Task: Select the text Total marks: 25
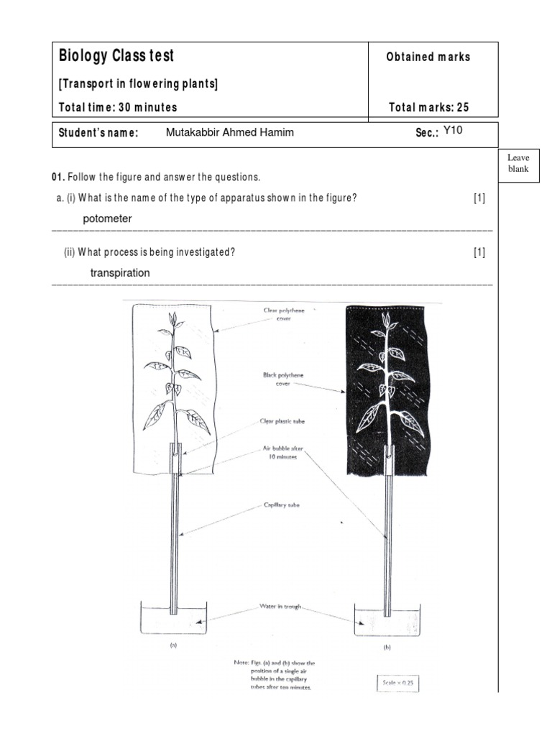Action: click(x=428, y=107)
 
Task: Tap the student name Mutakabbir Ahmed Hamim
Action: click(x=229, y=132)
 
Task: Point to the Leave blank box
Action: click(x=517, y=163)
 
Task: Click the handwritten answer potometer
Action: click(x=107, y=218)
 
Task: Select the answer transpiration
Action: click(x=120, y=272)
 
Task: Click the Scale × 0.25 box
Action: click(x=397, y=684)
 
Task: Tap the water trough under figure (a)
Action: click(x=173, y=618)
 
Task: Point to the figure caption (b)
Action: click(x=387, y=648)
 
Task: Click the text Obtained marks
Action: click(x=428, y=57)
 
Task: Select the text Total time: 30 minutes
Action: click(x=118, y=107)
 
